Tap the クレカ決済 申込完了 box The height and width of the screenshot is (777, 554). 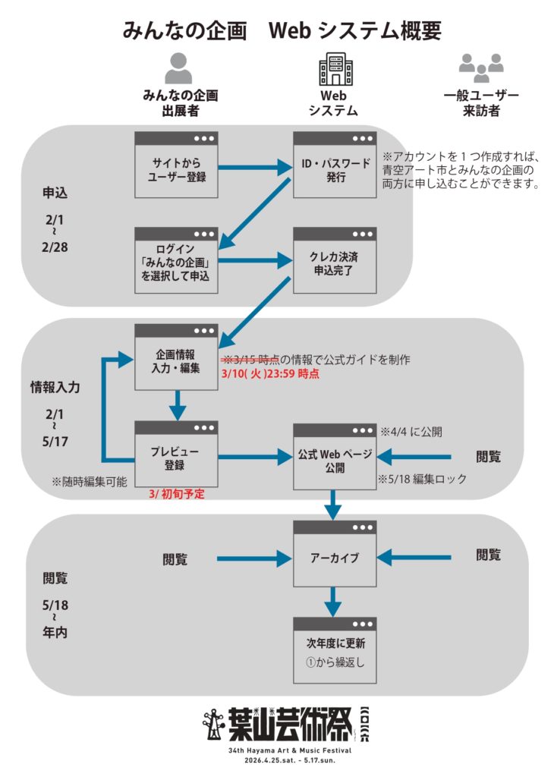335,262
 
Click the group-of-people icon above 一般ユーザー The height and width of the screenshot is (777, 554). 481,68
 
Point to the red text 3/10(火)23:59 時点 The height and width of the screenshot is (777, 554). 270,373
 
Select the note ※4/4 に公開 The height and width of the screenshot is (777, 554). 411,431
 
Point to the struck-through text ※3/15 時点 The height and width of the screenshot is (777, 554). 250,358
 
